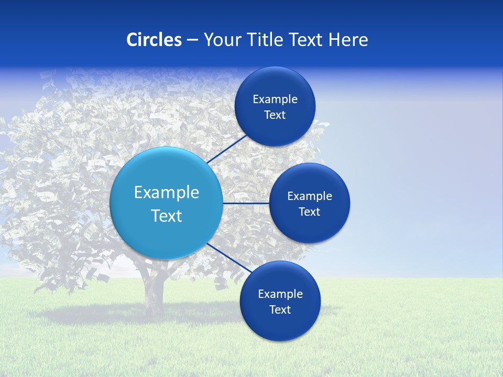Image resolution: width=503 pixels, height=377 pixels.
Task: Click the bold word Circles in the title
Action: coord(154,40)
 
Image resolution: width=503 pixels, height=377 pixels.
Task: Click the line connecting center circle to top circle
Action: coord(226,149)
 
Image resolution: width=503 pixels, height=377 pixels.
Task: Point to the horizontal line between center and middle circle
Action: coord(246,203)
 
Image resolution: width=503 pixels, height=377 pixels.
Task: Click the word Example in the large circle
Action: coord(167,193)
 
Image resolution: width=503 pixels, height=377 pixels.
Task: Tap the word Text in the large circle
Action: coord(167,216)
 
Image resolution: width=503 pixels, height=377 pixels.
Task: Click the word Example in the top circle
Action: coord(275,99)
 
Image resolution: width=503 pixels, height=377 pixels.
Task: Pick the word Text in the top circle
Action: coord(275,115)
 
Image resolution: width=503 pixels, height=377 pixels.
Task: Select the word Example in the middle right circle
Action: coord(310,196)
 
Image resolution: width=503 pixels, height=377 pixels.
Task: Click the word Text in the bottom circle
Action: coord(280,310)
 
